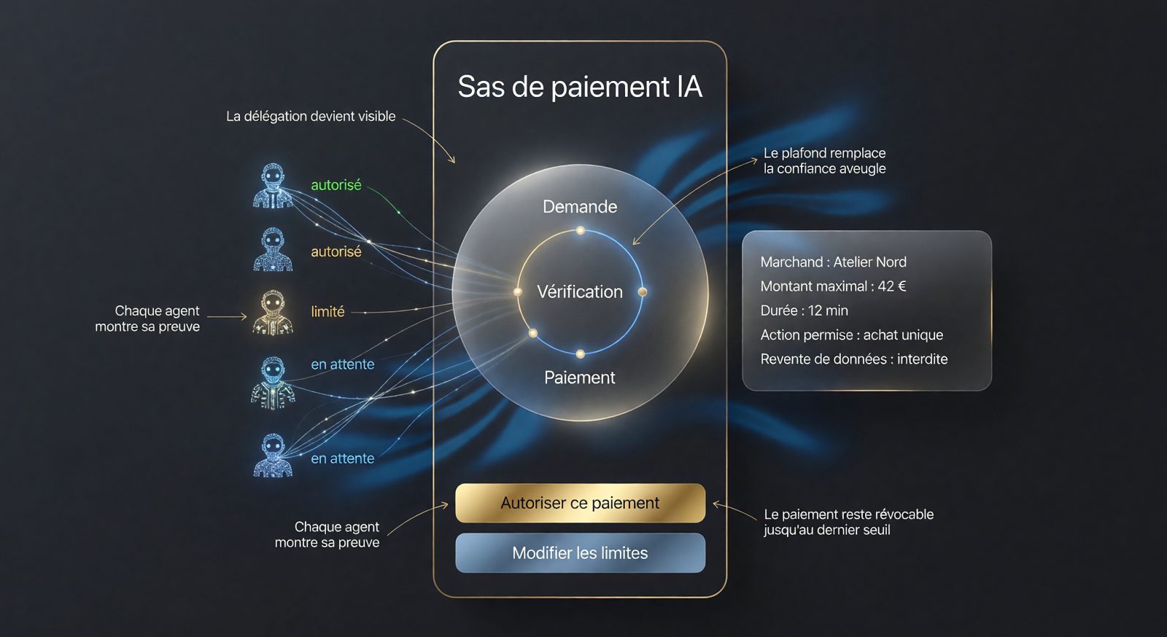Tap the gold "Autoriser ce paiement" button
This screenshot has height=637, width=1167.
(x=580, y=503)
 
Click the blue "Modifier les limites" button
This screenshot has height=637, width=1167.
(x=580, y=552)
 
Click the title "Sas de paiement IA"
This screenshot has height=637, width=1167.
(x=580, y=87)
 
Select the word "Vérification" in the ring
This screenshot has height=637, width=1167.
(x=580, y=292)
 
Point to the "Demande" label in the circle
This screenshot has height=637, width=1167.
(x=580, y=206)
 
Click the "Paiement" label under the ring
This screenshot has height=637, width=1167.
(x=580, y=378)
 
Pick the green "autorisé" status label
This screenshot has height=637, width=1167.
(x=336, y=184)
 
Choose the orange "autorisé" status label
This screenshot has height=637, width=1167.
(x=336, y=251)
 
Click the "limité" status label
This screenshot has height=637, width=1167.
(x=327, y=311)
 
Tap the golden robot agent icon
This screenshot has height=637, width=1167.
(x=273, y=312)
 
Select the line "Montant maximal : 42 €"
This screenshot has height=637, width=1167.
(x=833, y=286)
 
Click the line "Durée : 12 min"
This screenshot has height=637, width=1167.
(x=804, y=310)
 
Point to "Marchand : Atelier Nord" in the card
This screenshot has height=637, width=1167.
(x=833, y=262)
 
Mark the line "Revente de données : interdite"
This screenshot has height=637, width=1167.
(x=854, y=359)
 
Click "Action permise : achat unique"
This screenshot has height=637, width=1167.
(x=851, y=335)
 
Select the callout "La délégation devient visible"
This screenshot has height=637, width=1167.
(x=311, y=116)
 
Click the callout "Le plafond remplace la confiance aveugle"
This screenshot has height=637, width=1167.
(x=825, y=161)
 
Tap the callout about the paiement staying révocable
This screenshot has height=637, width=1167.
(x=849, y=522)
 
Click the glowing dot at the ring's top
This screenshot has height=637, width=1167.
(x=581, y=230)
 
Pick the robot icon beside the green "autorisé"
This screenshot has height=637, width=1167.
(x=273, y=187)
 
